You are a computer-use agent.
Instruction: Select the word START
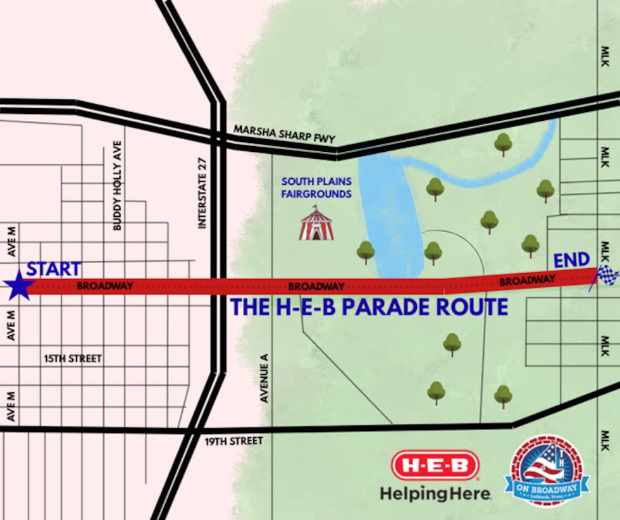54,269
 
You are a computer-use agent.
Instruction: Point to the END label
572,260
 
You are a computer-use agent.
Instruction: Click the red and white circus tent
316,224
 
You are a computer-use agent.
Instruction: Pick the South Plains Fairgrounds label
316,188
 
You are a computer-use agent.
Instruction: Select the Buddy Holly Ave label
117,185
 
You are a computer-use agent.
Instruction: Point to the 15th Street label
73,359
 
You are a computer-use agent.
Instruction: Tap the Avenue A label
265,378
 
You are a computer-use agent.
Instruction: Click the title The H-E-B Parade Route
369,307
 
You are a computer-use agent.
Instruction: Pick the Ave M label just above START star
11,249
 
